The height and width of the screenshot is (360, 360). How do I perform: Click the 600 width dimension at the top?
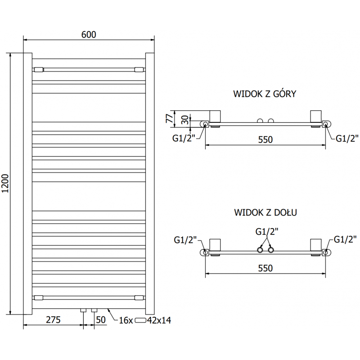(89, 35)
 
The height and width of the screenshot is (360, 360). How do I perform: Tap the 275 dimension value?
(53, 320)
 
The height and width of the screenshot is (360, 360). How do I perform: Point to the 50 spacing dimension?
(101, 320)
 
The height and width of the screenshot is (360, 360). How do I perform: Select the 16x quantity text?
(126, 320)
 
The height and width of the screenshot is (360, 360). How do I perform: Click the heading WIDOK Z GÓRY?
(264, 94)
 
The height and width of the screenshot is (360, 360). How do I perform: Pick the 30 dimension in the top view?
(185, 121)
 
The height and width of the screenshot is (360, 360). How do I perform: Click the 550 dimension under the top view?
(265, 140)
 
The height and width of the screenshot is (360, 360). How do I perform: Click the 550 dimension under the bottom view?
(265, 268)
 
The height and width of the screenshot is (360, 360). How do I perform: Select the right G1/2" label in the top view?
(347, 138)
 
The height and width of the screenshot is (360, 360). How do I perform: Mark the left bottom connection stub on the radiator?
(83, 310)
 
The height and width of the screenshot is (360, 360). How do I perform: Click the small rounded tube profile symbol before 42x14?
(141, 320)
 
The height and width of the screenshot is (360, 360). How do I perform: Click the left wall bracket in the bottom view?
(215, 245)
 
